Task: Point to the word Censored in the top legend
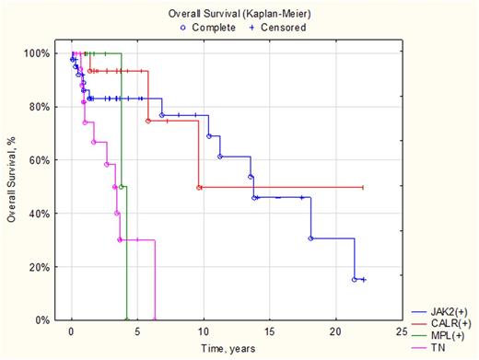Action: [282, 27]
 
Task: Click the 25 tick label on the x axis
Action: [400, 331]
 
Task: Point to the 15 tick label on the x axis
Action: [269, 331]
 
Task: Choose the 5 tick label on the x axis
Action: [137, 331]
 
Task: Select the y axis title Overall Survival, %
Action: [12, 187]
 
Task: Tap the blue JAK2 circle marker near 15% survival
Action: [354, 279]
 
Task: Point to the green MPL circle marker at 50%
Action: [122, 187]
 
